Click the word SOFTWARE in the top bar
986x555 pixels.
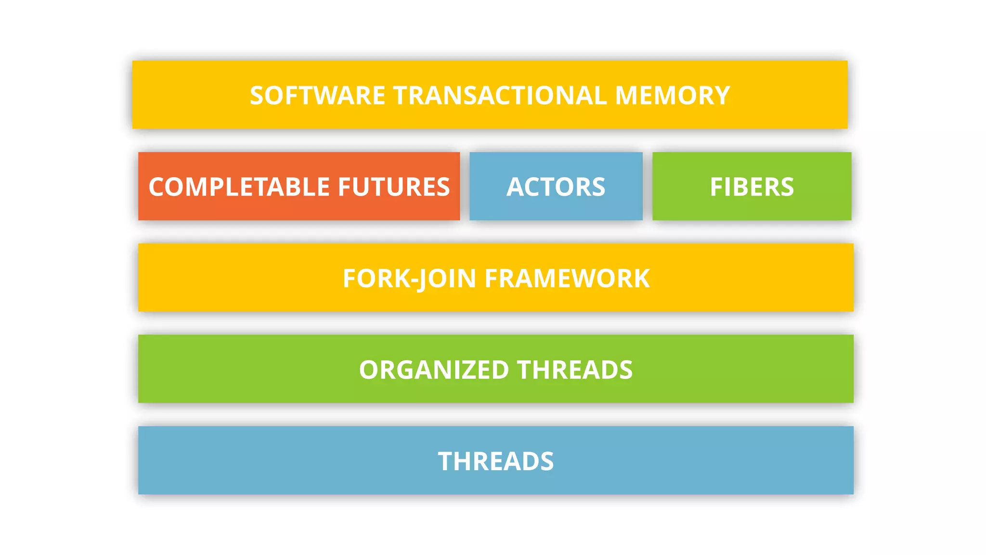click(x=317, y=95)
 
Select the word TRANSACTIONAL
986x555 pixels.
click(x=500, y=95)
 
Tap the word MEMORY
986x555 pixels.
click(x=673, y=95)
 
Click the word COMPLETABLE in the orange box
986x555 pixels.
click(x=239, y=187)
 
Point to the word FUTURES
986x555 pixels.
click(x=394, y=187)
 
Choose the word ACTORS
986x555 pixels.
click(x=556, y=187)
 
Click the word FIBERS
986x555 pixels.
click(x=752, y=187)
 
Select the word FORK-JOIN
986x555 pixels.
click(x=409, y=278)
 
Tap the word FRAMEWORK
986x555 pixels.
click(x=567, y=278)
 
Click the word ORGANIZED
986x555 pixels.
click(x=434, y=370)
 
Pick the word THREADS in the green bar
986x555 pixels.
click(x=575, y=370)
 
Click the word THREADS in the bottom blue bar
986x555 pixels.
click(x=496, y=462)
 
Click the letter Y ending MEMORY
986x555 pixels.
click(x=721, y=95)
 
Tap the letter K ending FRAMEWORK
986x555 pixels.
click(x=641, y=278)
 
